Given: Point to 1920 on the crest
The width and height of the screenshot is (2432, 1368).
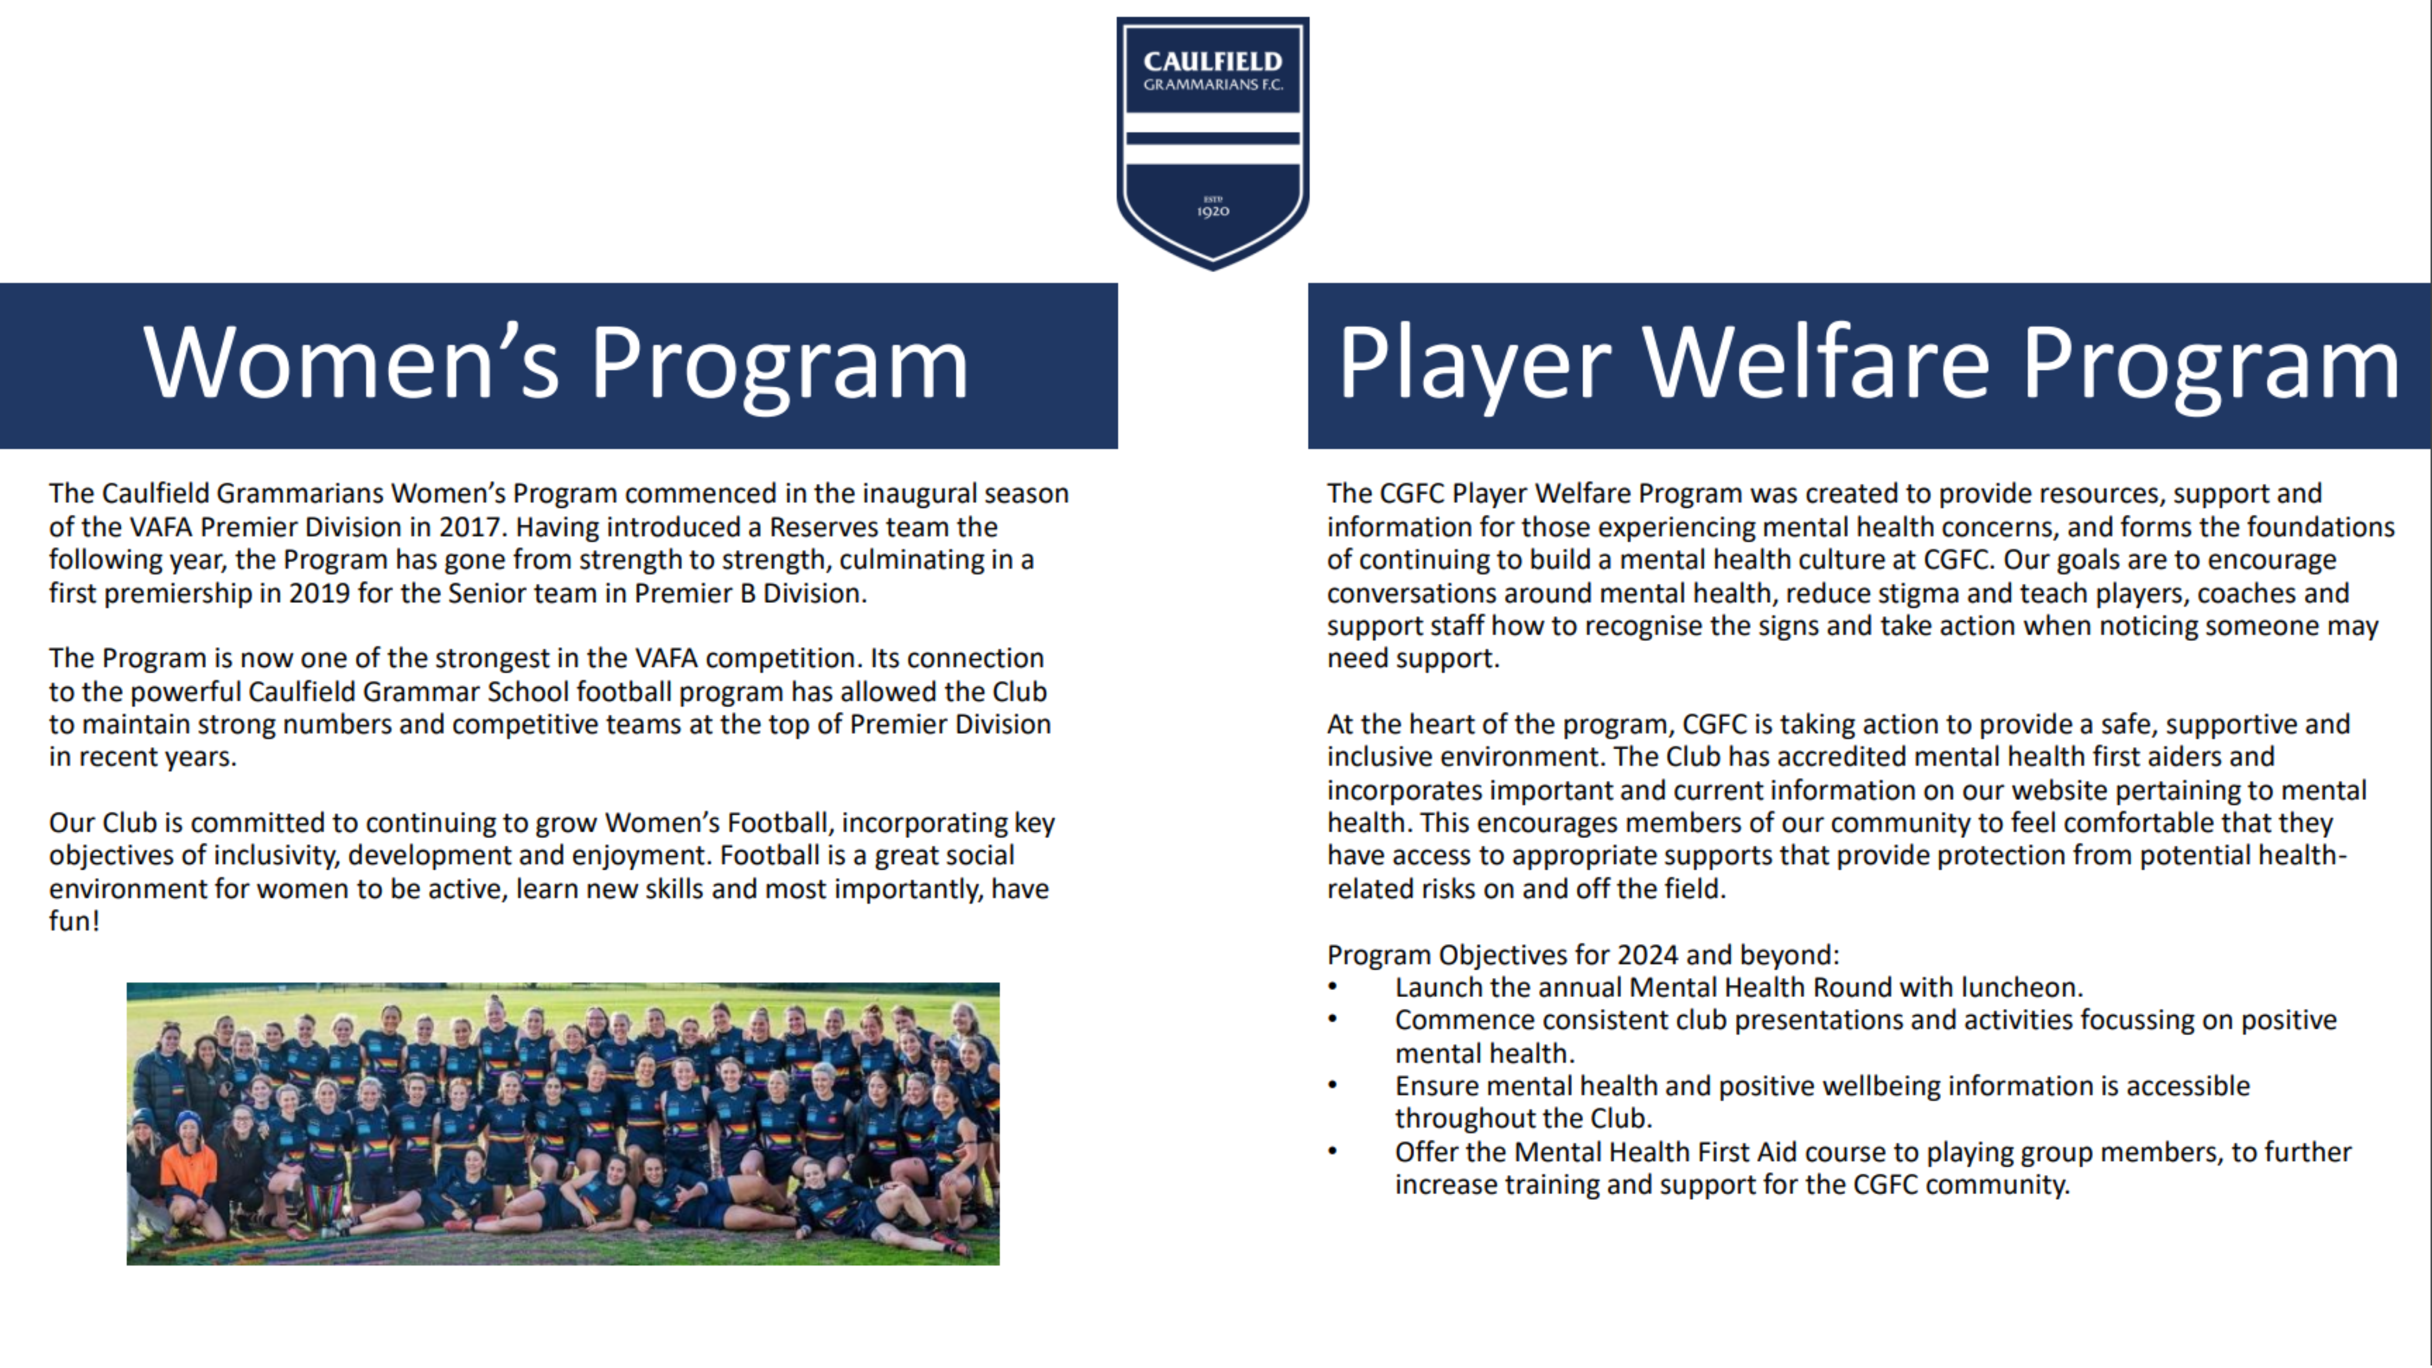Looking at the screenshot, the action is click(x=1213, y=211).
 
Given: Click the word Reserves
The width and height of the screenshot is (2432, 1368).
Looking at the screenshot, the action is click(x=824, y=527).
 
